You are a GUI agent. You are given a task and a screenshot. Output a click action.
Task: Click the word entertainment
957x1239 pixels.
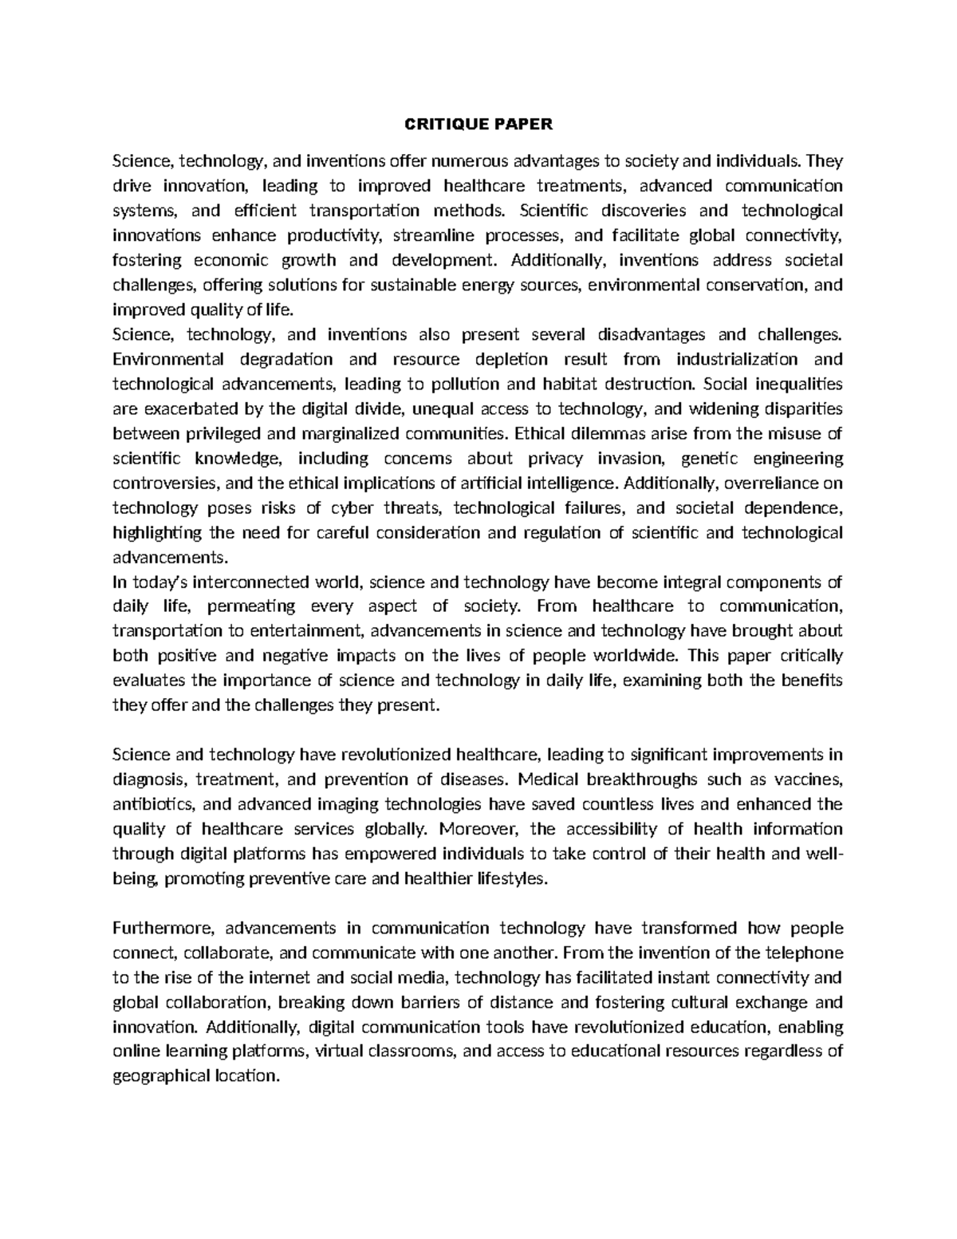pyautogui.click(x=306, y=632)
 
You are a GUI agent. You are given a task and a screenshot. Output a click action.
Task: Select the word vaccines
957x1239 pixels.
pyautogui.click(x=811, y=779)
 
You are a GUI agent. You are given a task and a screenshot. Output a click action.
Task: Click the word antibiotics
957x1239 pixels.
pyautogui.click(x=147, y=804)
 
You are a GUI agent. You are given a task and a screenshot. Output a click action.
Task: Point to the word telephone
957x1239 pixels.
pyautogui.click(x=805, y=953)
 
